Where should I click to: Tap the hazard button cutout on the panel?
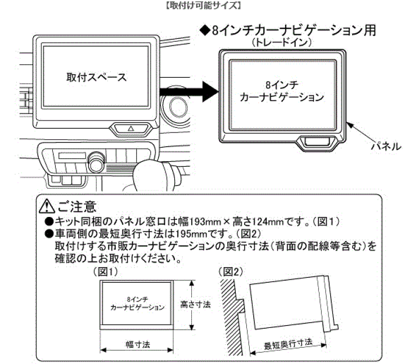(318, 143)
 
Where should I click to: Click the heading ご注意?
(78, 204)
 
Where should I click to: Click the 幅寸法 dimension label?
(137, 343)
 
